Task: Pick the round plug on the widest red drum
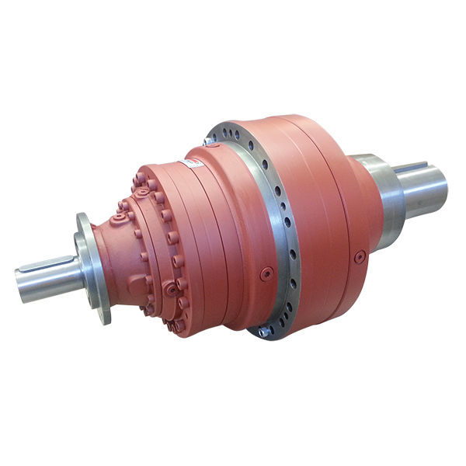pos(359,256)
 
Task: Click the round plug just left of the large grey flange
pos(266,273)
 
